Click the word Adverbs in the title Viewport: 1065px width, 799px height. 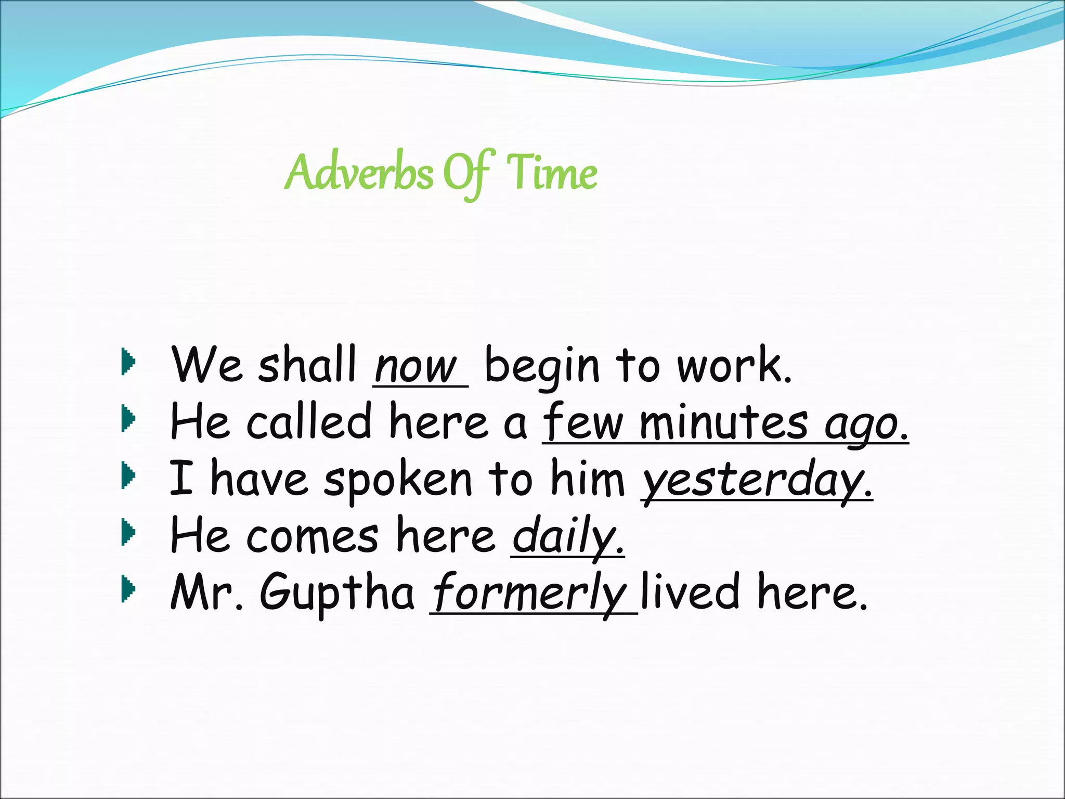(x=359, y=173)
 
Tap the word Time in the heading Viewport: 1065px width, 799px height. (x=552, y=173)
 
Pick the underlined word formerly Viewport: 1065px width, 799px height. (x=530, y=594)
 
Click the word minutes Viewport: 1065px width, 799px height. (x=723, y=422)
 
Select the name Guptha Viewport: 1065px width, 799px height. (x=337, y=593)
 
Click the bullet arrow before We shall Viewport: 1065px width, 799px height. (x=128, y=362)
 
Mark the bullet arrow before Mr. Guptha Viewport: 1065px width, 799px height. (x=128, y=589)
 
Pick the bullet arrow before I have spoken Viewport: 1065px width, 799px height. (x=128, y=476)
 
